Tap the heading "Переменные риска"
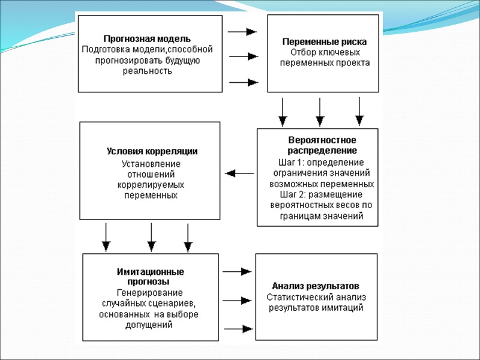(x=325, y=42)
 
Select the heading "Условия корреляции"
(x=152, y=151)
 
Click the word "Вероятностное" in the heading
(x=317, y=140)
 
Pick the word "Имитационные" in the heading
(x=150, y=271)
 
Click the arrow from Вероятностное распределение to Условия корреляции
(x=239, y=173)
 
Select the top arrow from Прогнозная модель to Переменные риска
(x=243, y=31)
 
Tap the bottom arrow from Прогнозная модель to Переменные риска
(x=243, y=82)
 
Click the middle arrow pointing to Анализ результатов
(x=238, y=299)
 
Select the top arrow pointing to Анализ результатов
(x=238, y=271)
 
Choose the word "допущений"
(x=151, y=325)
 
